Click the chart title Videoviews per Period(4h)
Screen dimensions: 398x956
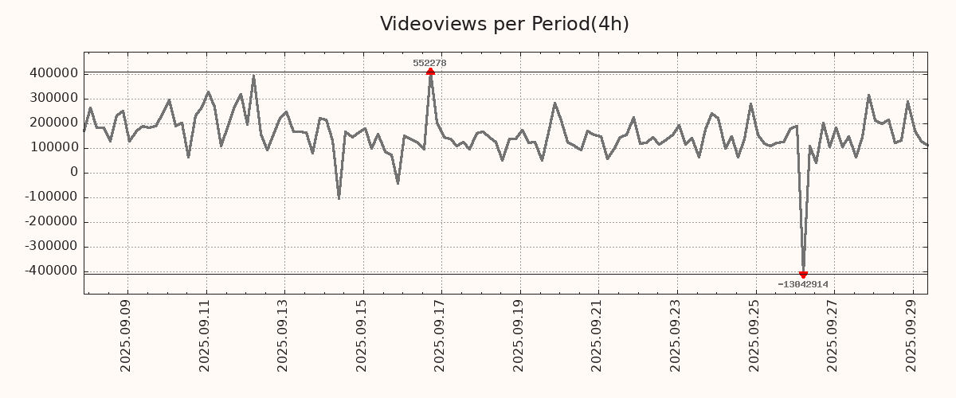tap(504, 24)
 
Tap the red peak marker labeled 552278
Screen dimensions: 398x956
tap(430, 72)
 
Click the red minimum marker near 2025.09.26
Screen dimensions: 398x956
tap(803, 274)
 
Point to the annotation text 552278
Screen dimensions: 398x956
tap(429, 63)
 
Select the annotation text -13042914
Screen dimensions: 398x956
tap(803, 284)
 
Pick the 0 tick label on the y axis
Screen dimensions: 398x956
tap(73, 173)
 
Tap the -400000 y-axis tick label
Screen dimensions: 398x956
tap(50, 271)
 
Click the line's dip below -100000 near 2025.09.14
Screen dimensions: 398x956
tap(339, 198)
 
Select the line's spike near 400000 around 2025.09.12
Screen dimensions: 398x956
tap(253, 76)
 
